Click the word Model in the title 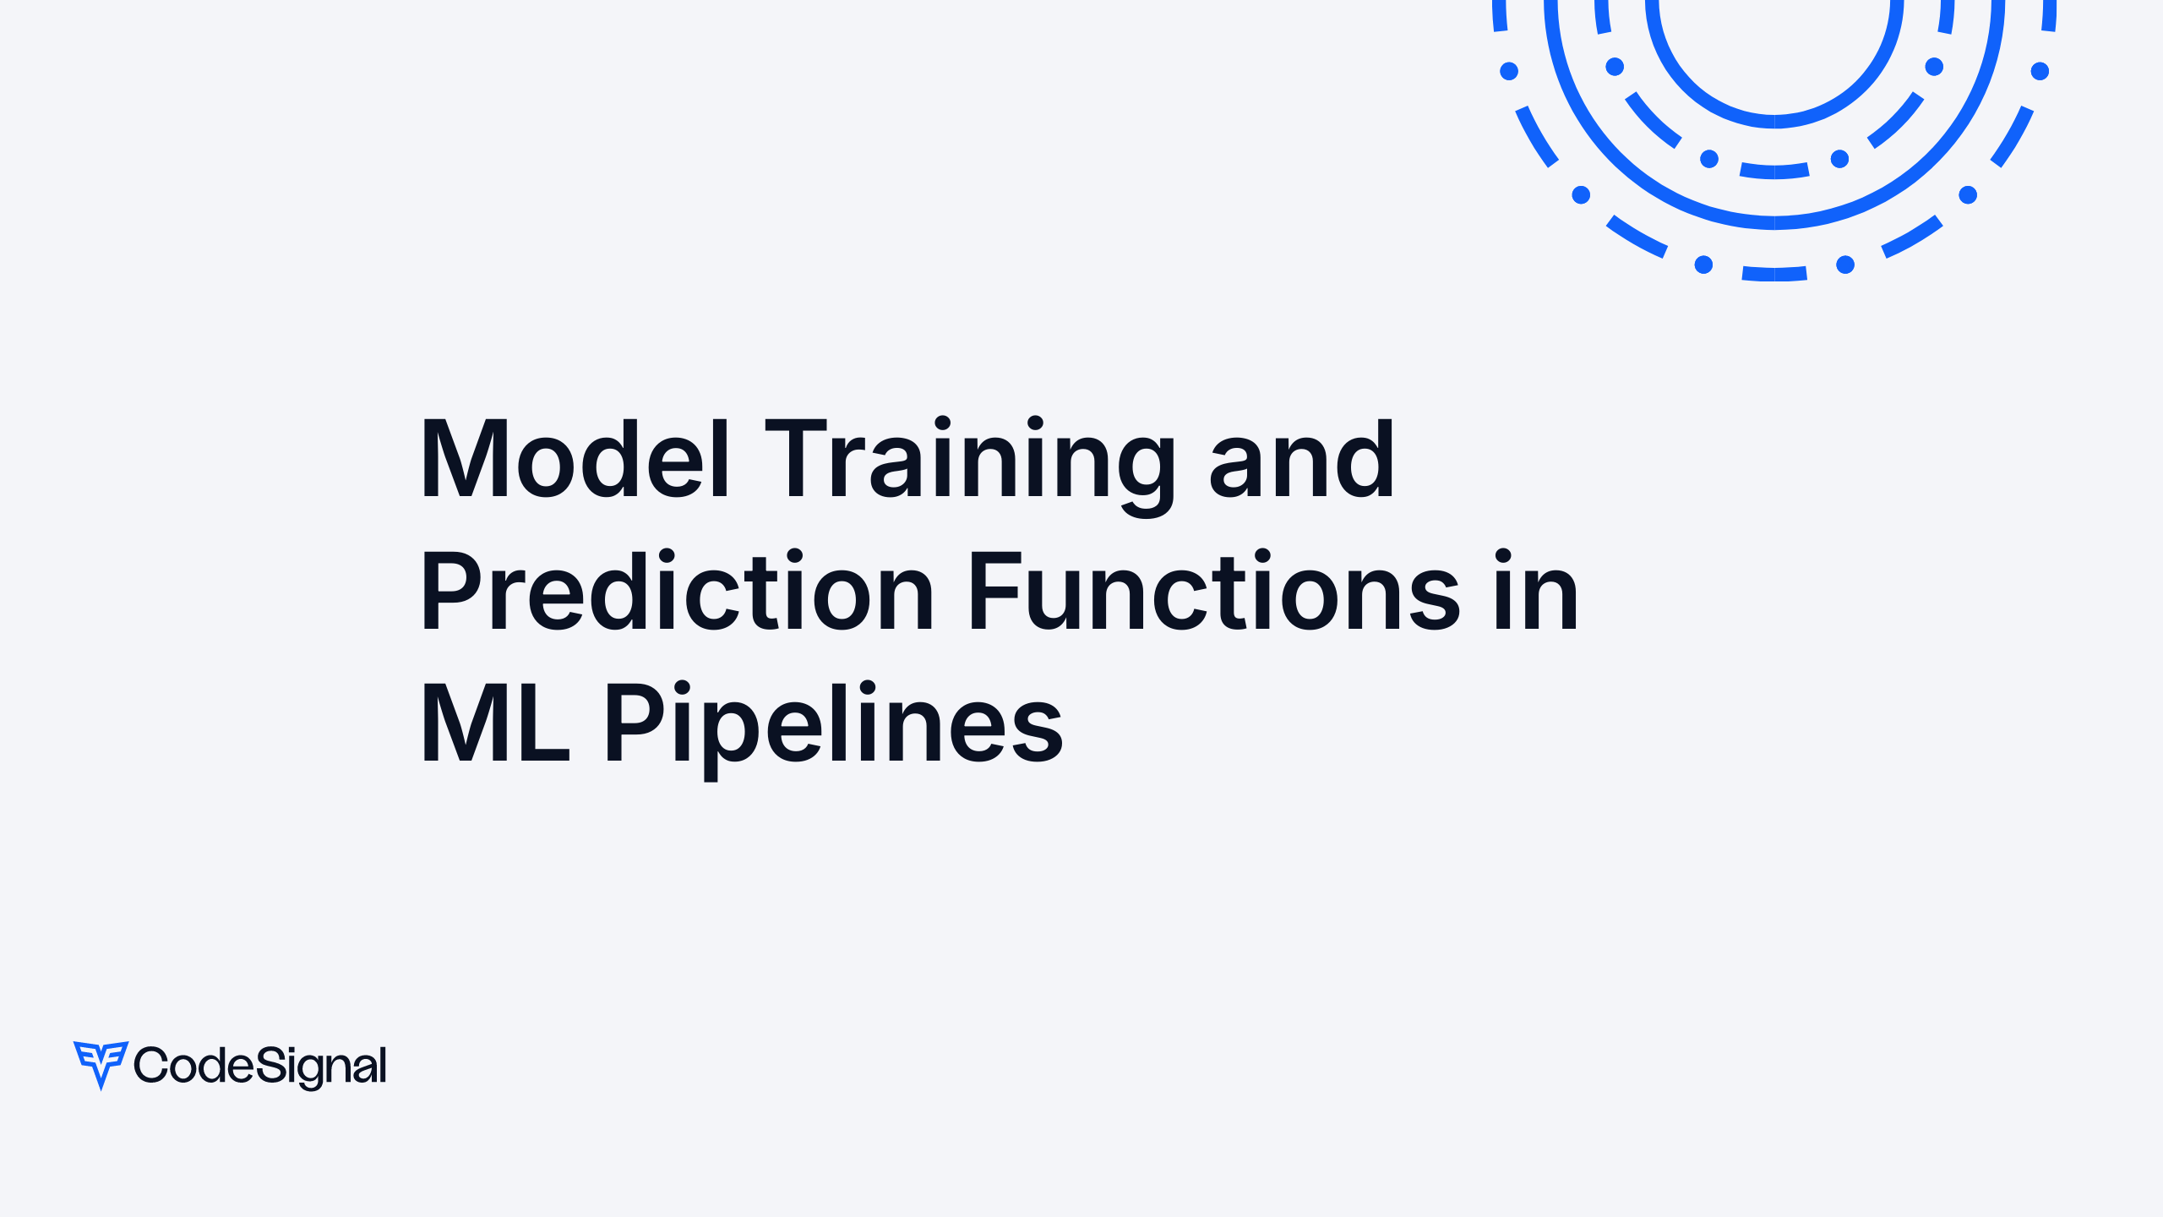(x=575, y=459)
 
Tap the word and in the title (x=1301, y=459)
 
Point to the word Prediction (x=677, y=590)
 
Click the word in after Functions (x=1535, y=590)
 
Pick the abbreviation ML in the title (x=495, y=721)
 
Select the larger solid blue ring (x=1774, y=223)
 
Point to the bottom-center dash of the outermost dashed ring (x=1774, y=274)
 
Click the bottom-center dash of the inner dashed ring (x=1774, y=172)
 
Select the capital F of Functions (x=997, y=590)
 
